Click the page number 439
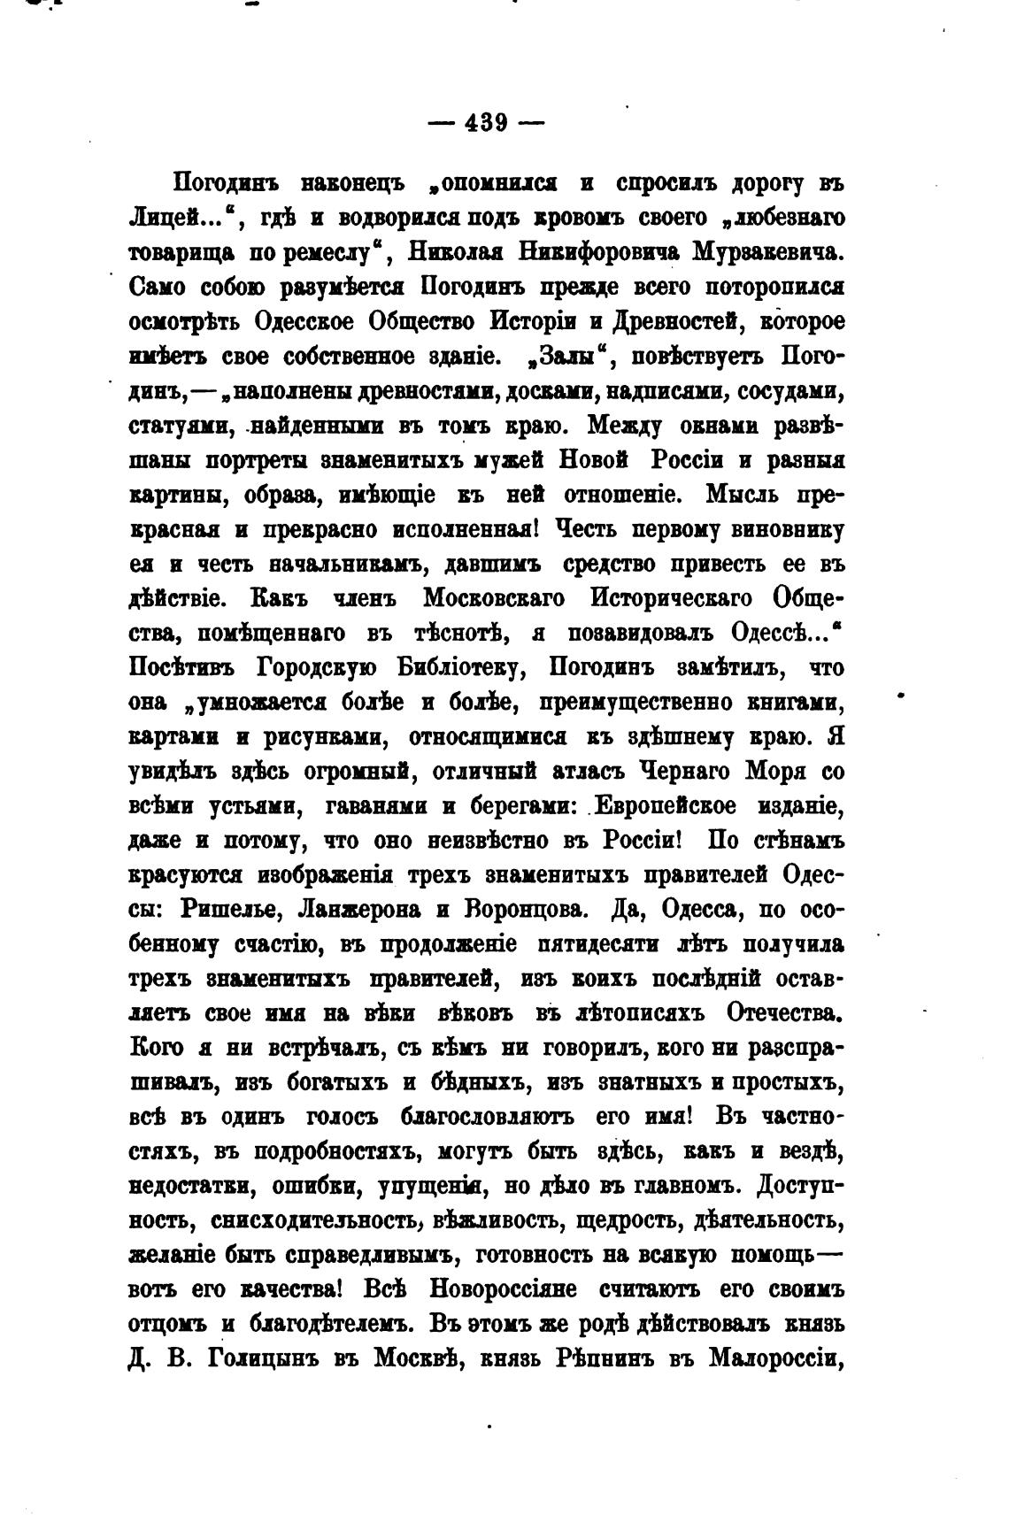(485, 123)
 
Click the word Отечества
(784, 1013)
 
